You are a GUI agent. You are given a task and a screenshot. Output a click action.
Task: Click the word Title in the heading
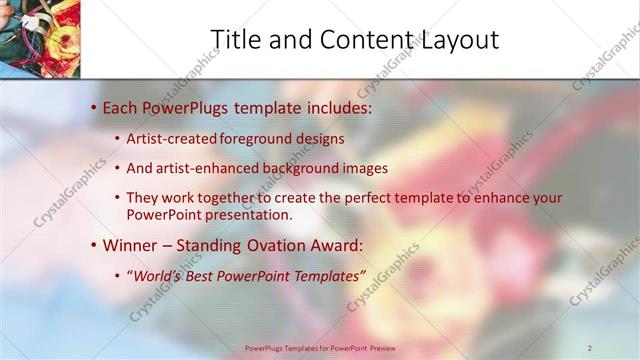236,39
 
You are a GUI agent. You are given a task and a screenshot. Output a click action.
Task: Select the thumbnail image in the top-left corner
40,38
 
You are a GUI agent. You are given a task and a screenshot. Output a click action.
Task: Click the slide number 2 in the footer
590,348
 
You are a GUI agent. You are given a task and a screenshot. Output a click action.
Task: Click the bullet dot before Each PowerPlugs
94,106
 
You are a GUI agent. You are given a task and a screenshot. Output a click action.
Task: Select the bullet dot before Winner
94,245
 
